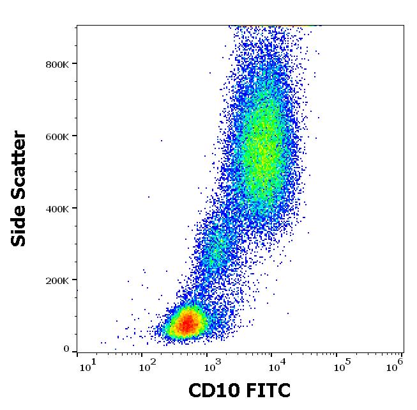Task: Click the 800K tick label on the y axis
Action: [x=58, y=63]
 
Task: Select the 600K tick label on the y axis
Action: [x=58, y=136]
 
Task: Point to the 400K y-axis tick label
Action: [x=58, y=208]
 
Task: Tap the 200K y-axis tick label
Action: [x=58, y=280]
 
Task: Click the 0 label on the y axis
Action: [x=66, y=349]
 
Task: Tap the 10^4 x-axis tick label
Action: [x=277, y=365]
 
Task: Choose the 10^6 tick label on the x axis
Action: [x=394, y=365]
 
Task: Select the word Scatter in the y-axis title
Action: [x=20, y=165]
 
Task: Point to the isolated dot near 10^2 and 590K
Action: [x=161, y=140]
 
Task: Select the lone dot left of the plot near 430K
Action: [x=149, y=197]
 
